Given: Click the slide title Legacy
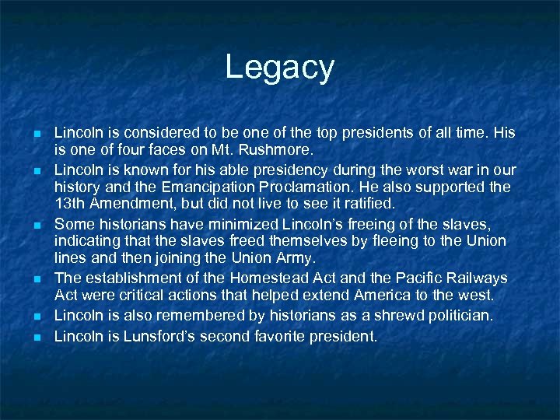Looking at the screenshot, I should click(x=279, y=68).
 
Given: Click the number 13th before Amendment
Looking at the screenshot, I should click(x=69, y=204).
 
